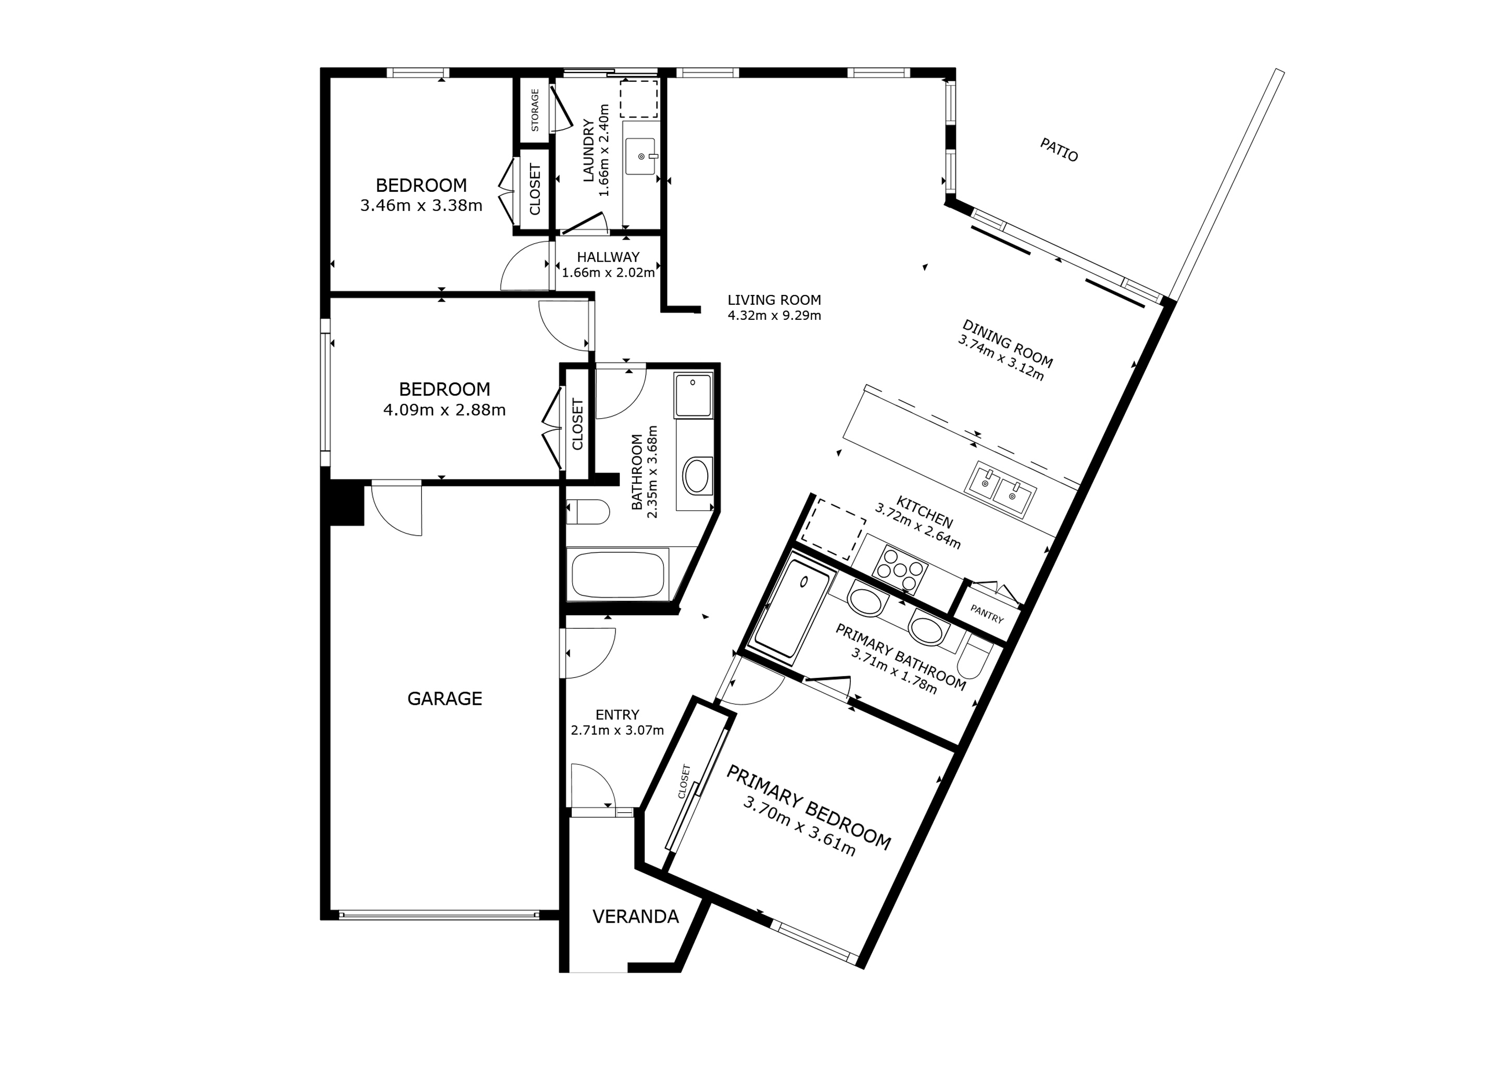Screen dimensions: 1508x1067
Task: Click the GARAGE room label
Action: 445,699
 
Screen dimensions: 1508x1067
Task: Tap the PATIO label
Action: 1059,150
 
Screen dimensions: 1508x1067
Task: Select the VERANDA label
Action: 635,916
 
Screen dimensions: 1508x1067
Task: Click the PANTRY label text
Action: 987,614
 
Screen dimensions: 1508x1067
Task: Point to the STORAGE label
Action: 535,110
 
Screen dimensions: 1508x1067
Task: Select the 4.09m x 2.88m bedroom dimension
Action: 444,410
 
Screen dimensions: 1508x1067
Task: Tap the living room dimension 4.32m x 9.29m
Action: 774,315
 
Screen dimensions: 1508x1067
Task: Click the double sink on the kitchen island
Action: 1000,489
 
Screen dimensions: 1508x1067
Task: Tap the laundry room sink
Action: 641,156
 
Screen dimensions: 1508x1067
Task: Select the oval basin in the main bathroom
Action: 696,476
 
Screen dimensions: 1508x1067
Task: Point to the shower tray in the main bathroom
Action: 693,395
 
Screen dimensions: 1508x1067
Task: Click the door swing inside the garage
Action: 397,508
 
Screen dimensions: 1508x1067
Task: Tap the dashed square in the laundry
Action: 639,99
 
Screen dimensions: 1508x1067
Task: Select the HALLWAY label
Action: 608,257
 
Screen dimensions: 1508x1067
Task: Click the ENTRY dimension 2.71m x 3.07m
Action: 618,730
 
